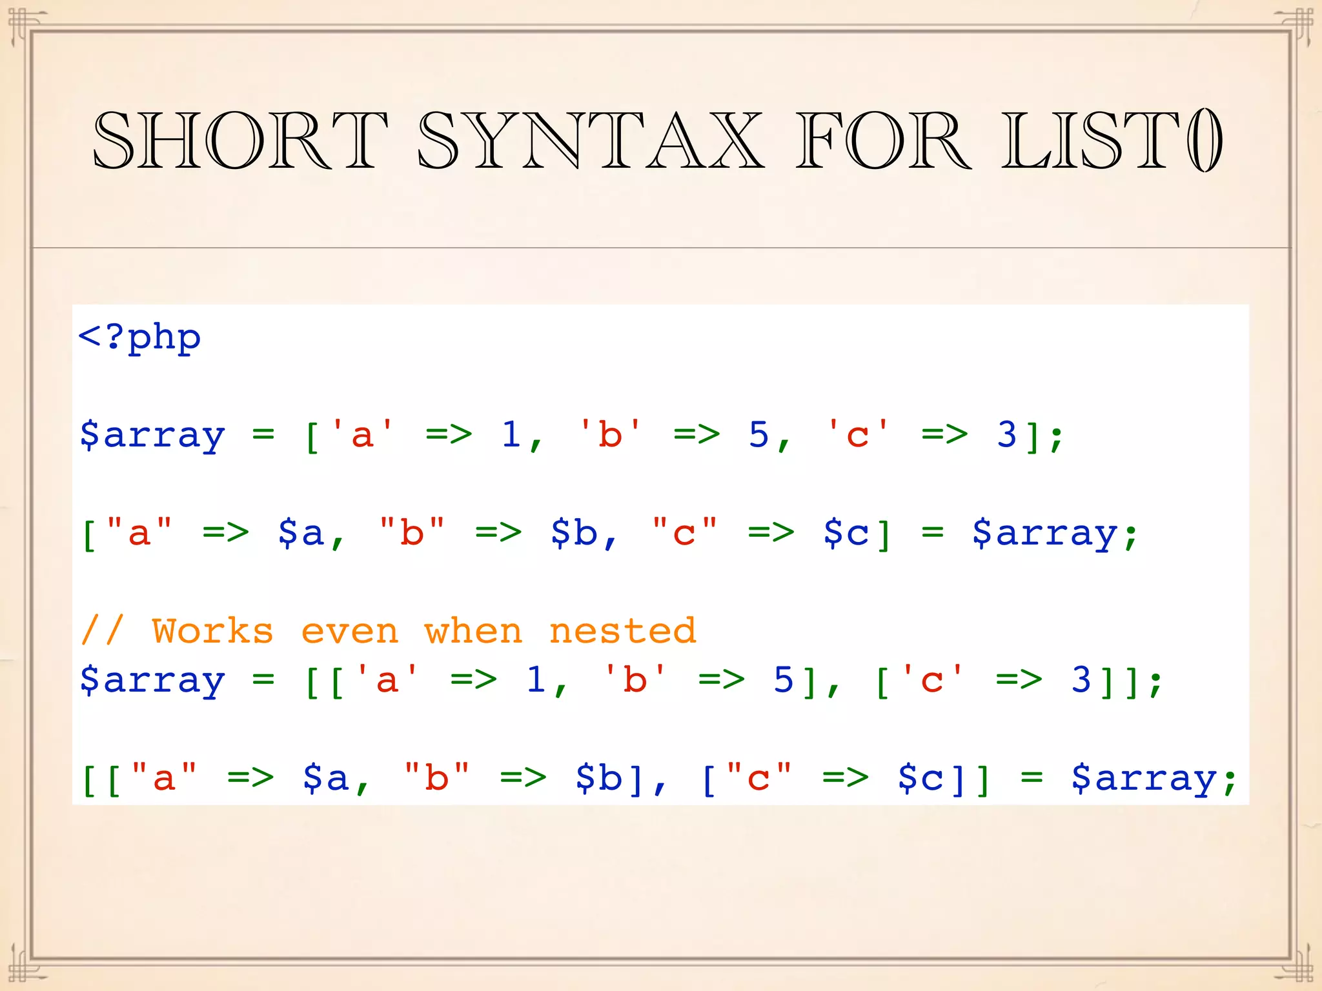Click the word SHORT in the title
pyautogui.click(x=240, y=140)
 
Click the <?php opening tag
pyautogui.click(x=139, y=337)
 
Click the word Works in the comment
pyautogui.click(x=212, y=631)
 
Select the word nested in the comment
pyautogui.click(x=623, y=631)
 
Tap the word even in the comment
pyautogui.click(x=350, y=631)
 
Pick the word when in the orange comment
pyautogui.click(x=474, y=631)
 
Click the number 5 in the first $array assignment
pyautogui.click(x=759, y=434)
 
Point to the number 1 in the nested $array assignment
pyautogui.click(x=536, y=680)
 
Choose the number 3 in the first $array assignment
pyautogui.click(x=1007, y=434)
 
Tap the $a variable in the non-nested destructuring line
pyautogui.click(x=301, y=534)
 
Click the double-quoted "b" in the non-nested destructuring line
pyautogui.click(x=412, y=534)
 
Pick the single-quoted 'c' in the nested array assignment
pyautogui.click(x=932, y=680)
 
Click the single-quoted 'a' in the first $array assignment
pyautogui.click(x=362, y=434)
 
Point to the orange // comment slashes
pyautogui.click(x=102, y=631)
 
